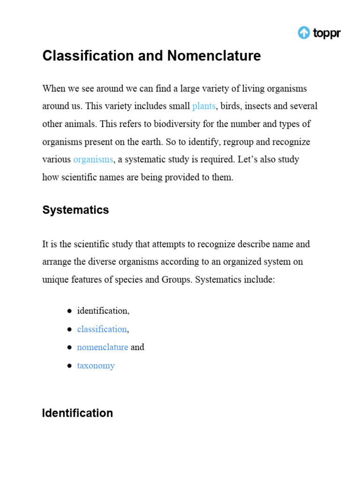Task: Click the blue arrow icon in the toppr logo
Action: (x=304, y=33)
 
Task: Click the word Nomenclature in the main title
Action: (x=213, y=56)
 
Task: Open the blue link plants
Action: (x=204, y=106)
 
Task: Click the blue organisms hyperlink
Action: (x=93, y=159)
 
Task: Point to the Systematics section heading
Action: (x=75, y=210)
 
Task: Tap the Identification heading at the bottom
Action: (x=77, y=413)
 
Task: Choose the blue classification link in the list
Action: (x=102, y=329)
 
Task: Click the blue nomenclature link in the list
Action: (x=102, y=347)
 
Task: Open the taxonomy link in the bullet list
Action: (x=96, y=366)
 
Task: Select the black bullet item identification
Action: (x=102, y=311)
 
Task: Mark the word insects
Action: (x=257, y=106)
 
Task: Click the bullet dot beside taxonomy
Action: (x=69, y=366)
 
